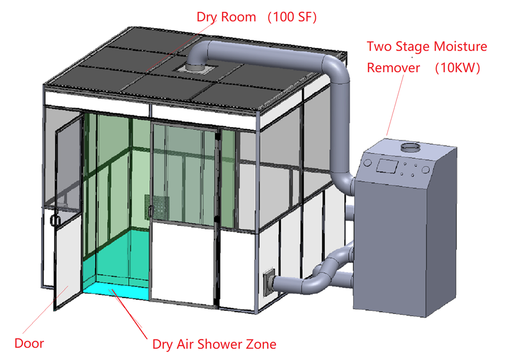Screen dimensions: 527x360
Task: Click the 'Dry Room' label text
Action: click(x=226, y=17)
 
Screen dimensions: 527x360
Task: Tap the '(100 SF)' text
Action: click(x=292, y=17)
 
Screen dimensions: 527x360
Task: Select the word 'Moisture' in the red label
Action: click(x=461, y=46)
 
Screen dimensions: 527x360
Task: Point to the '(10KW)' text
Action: click(x=457, y=68)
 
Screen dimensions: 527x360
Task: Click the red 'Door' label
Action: click(x=29, y=344)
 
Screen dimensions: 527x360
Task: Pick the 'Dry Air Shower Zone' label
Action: click(x=214, y=345)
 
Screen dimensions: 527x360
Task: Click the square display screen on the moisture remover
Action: click(x=387, y=166)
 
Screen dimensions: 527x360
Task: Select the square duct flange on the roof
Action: click(x=194, y=69)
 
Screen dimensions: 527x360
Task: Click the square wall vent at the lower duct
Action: click(x=268, y=283)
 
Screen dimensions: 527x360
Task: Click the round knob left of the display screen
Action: click(x=367, y=163)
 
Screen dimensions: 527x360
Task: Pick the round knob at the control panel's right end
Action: click(x=425, y=170)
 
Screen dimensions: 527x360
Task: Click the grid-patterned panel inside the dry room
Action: click(x=157, y=206)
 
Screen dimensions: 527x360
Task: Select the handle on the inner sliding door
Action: click(x=150, y=211)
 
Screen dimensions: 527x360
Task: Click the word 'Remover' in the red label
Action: click(x=394, y=68)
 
